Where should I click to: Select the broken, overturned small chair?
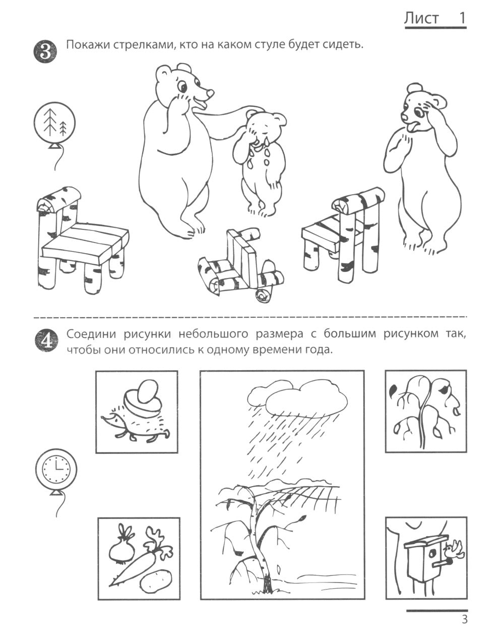pos(235,268)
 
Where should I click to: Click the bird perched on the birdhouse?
pos(458,550)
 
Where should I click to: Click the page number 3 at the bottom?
pos(464,619)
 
